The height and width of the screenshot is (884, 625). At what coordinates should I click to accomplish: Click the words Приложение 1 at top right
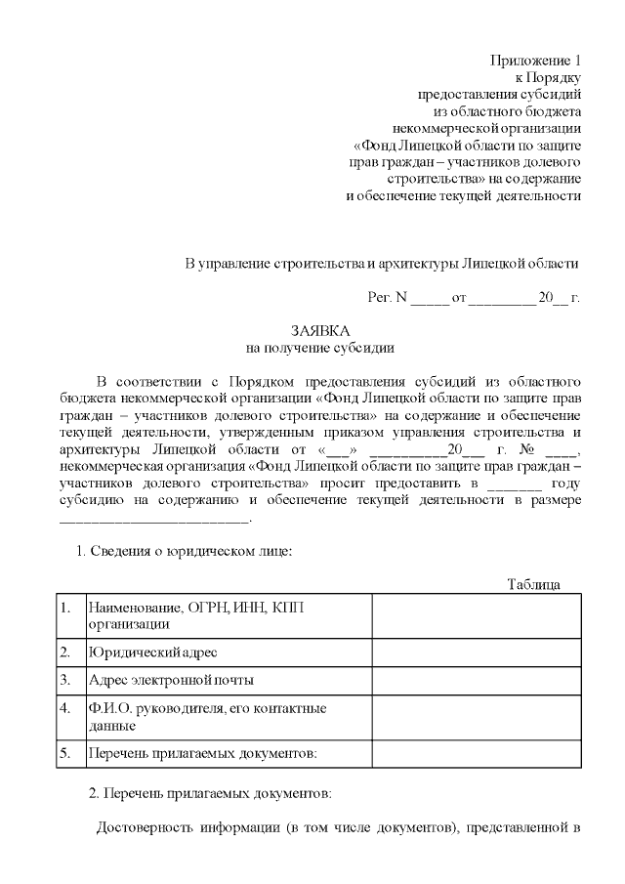tap(535, 61)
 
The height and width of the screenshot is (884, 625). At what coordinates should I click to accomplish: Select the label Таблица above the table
tap(533, 584)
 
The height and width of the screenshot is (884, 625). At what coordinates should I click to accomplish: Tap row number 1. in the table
tap(65, 609)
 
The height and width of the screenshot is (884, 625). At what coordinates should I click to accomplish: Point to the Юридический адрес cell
tap(152, 652)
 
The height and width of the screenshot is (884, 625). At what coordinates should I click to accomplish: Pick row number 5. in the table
tap(65, 753)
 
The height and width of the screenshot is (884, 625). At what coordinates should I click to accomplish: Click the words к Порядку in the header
tap(548, 78)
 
